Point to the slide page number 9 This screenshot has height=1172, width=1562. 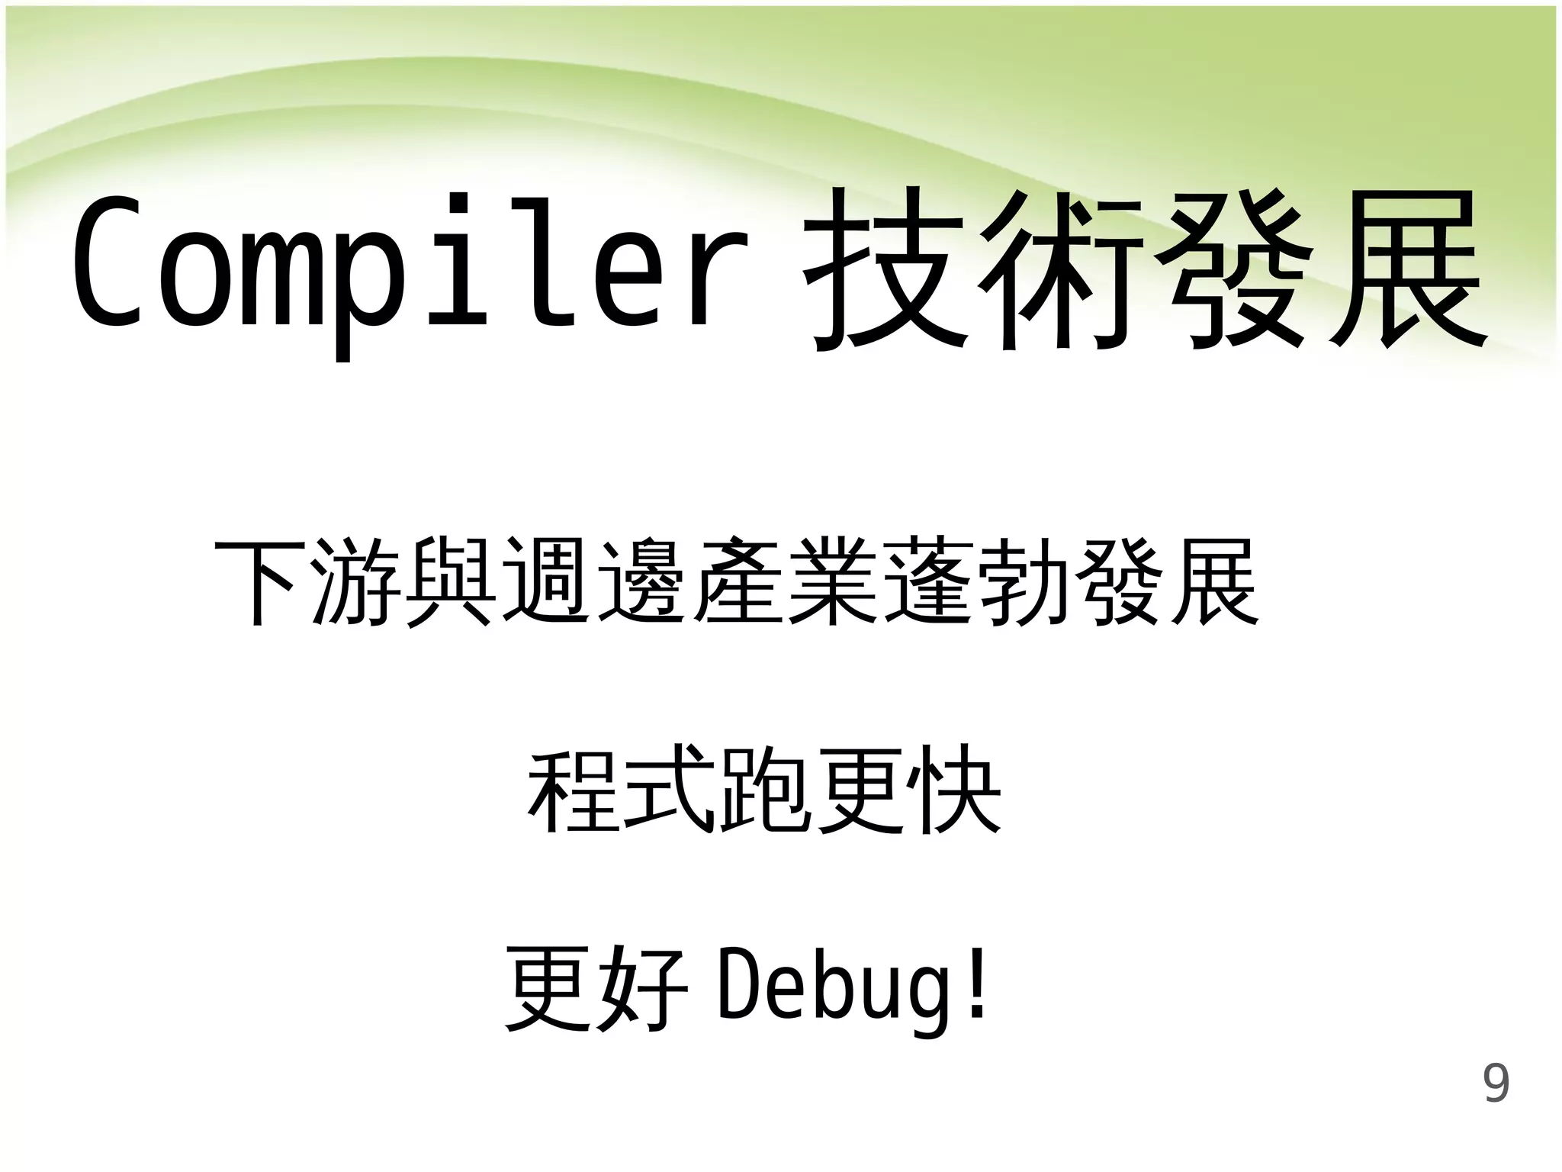click(1496, 1084)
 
